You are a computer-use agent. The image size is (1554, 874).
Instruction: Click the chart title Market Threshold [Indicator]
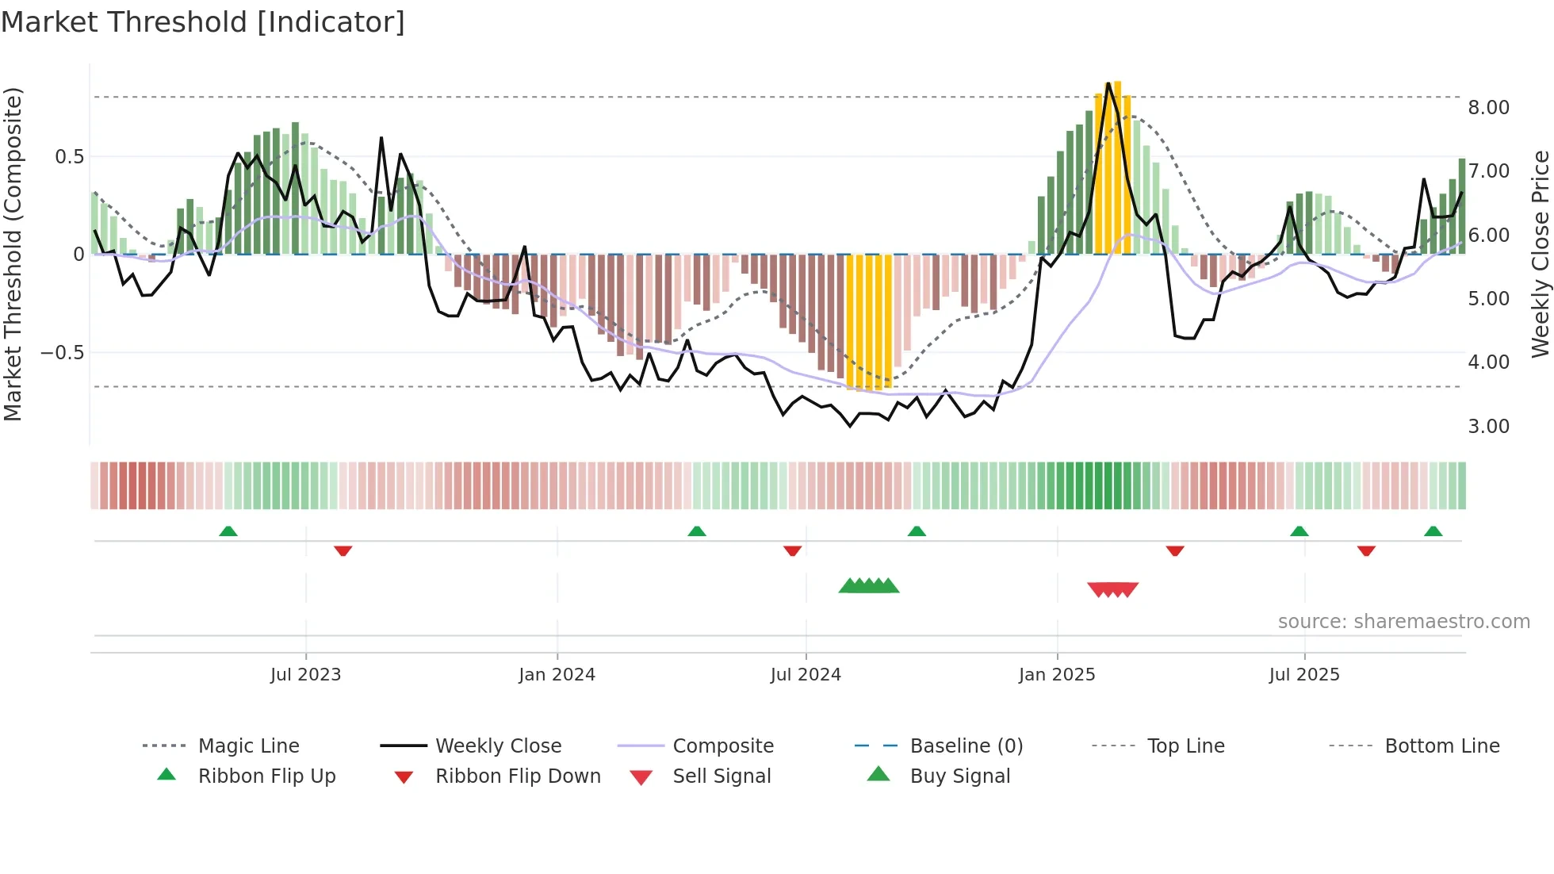click(203, 22)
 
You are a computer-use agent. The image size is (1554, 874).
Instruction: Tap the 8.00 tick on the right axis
click(1488, 108)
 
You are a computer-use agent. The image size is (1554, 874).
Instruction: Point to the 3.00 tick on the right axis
click(1488, 427)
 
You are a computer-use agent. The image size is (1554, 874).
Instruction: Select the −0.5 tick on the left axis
click(62, 353)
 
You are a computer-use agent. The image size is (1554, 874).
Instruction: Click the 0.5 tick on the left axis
click(69, 157)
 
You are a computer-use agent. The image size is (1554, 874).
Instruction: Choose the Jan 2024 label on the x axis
click(557, 675)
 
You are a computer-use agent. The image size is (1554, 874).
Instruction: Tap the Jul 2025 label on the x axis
click(1303, 675)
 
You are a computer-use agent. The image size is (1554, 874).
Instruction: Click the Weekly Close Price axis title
click(1540, 254)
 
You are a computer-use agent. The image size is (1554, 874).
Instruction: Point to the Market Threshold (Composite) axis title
click(13, 254)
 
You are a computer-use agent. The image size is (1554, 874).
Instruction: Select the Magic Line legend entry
click(248, 746)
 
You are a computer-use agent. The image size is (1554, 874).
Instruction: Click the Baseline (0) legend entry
click(966, 746)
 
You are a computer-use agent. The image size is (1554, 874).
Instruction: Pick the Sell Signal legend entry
click(721, 776)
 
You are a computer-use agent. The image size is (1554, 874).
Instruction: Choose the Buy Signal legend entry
click(959, 776)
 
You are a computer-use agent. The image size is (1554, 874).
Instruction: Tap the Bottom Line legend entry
click(1441, 746)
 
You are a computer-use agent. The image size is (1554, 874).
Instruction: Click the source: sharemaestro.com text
click(1403, 622)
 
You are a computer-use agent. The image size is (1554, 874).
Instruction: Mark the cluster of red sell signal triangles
click(1112, 589)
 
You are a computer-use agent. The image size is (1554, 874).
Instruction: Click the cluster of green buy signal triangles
click(869, 586)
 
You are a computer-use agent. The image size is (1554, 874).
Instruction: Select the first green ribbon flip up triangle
click(228, 531)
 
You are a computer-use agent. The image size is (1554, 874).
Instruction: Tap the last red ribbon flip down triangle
click(1365, 550)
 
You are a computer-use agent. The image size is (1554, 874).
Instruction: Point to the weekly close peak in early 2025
click(1108, 84)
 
